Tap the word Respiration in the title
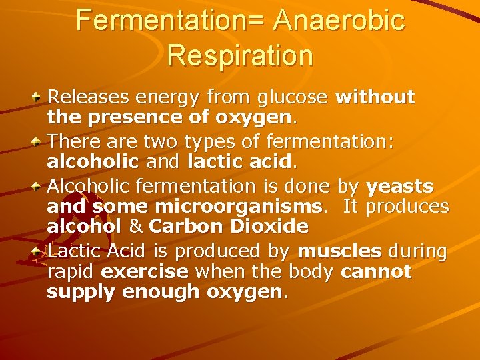point(240,55)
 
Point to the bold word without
point(375,97)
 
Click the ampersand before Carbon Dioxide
point(136,227)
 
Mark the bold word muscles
point(340,251)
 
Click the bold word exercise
point(145,272)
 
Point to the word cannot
point(376,272)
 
